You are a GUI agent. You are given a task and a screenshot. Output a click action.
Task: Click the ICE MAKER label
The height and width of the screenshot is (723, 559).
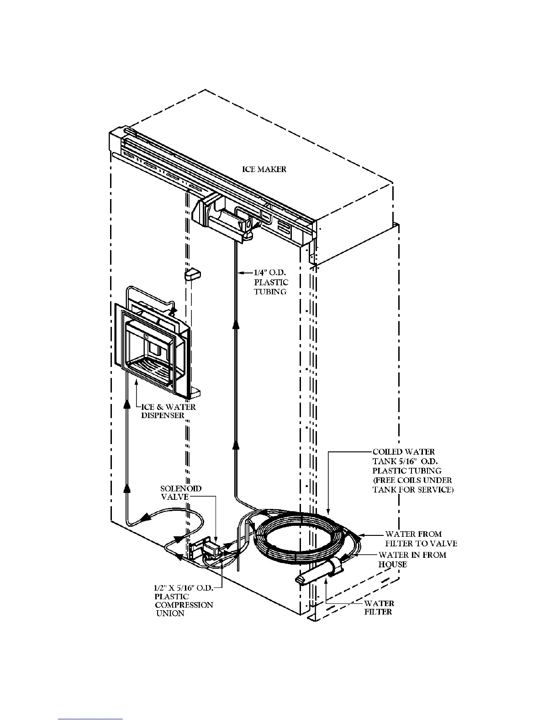pos(264,169)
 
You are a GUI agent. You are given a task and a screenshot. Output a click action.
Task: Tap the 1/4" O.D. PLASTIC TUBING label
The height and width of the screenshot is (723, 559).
pos(271,283)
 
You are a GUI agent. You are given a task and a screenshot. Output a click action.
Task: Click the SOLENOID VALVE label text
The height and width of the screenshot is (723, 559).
pos(181,493)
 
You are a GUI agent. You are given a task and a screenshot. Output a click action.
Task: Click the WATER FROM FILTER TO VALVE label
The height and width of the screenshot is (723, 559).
pos(421,539)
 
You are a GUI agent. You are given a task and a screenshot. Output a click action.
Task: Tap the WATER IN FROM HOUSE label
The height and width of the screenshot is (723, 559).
pos(412,559)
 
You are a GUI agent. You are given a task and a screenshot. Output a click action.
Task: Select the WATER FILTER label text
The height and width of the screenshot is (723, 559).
pos(379,608)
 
